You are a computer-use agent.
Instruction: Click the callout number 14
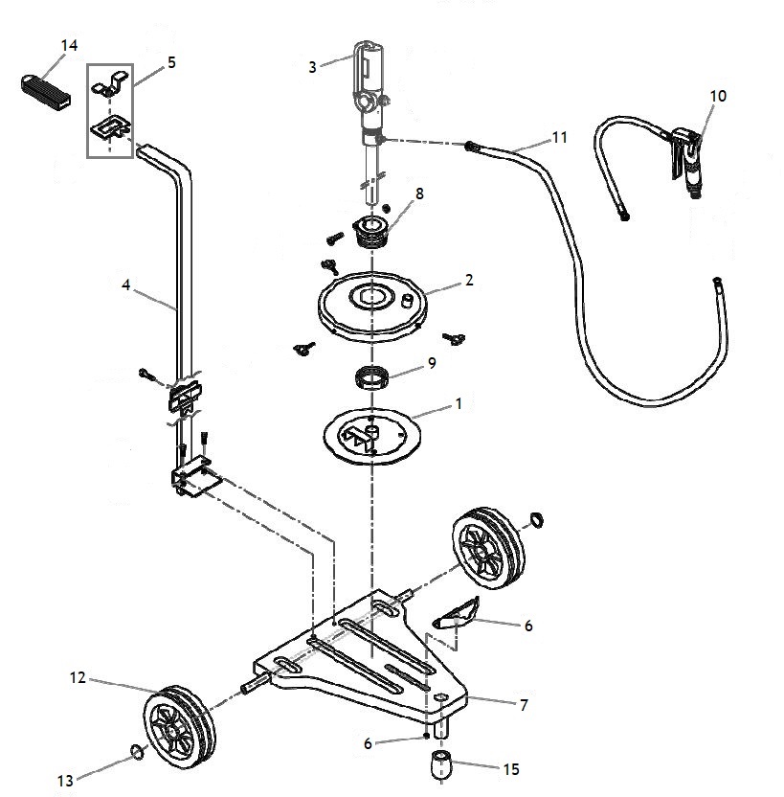point(70,45)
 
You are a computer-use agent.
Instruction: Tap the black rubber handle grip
point(45,91)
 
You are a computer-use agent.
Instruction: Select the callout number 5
point(171,62)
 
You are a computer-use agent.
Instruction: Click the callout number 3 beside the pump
point(312,67)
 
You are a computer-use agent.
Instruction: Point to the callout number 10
point(718,96)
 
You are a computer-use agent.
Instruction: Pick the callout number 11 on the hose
point(559,137)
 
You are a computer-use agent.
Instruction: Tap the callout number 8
point(419,194)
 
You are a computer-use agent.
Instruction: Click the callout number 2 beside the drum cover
point(469,280)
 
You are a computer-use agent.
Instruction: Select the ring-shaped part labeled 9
point(371,377)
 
